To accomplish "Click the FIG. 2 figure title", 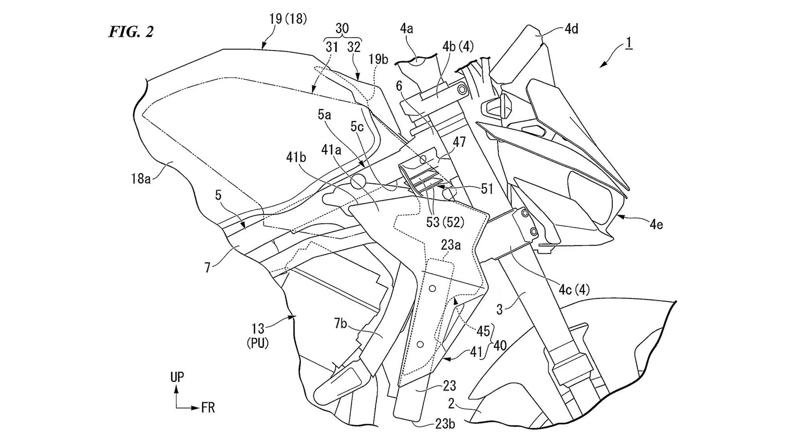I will coord(131,32).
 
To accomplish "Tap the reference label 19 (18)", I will coord(288,19).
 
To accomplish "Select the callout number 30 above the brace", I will coord(342,28).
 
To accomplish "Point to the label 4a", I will coord(406,29).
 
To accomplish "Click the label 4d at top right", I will coord(571,29).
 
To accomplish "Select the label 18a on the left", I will coord(140,179).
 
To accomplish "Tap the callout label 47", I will coord(460,143).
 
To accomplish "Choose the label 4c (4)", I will coord(574,290).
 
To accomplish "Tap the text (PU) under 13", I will coord(258,343).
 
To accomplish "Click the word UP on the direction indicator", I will coord(177,377).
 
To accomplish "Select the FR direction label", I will coord(208,408).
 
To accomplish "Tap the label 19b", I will coord(378,60).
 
